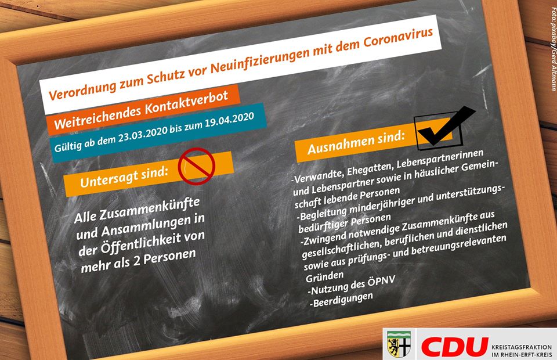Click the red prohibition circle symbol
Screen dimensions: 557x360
coord(197,166)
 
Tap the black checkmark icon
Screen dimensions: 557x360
coord(446,127)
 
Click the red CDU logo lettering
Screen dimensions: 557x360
coord(454,347)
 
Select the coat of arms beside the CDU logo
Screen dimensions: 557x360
coord(399,344)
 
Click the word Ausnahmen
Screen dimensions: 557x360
coord(340,144)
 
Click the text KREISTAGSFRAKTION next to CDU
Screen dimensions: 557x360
coord(522,347)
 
